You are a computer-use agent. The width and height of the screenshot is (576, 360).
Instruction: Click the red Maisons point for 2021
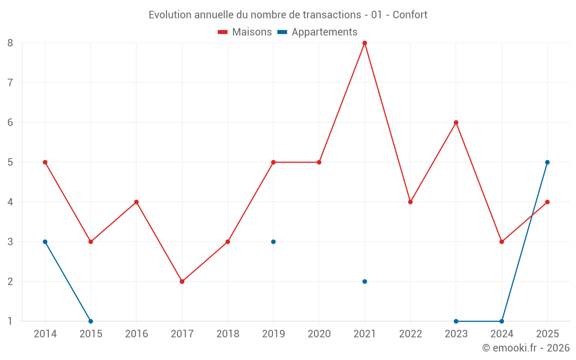point(365,43)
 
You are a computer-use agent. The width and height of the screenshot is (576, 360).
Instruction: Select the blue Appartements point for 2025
point(547,162)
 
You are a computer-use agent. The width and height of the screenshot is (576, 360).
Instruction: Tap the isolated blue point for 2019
point(273,242)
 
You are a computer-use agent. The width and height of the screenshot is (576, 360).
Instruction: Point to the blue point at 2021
point(365,282)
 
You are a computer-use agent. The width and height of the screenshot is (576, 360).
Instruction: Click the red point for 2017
point(182,282)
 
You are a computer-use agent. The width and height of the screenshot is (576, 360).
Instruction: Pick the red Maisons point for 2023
point(456,123)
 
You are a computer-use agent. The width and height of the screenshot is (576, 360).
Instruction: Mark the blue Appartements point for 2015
point(91,321)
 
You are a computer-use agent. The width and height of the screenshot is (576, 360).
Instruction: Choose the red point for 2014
point(45,162)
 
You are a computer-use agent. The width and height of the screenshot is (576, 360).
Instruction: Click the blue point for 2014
point(45,242)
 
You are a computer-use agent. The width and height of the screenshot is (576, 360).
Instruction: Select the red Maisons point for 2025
point(547,202)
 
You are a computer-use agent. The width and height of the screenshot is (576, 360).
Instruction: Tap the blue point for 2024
point(502,321)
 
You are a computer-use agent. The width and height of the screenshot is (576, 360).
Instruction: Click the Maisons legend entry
point(245,32)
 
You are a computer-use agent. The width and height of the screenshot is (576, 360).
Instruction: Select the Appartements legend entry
point(317,32)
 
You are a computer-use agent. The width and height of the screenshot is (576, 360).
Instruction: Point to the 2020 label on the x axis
point(319,334)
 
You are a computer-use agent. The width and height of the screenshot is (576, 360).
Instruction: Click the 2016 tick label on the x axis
point(137,334)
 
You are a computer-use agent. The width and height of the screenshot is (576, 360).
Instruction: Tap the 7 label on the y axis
point(10,82)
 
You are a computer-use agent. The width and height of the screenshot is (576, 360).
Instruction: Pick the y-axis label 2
point(10,282)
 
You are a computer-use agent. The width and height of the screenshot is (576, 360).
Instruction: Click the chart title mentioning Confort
point(288,15)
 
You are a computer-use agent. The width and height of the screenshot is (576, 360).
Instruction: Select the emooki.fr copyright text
point(526,347)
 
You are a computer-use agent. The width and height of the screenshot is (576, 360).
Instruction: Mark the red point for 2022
point(410,202)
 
